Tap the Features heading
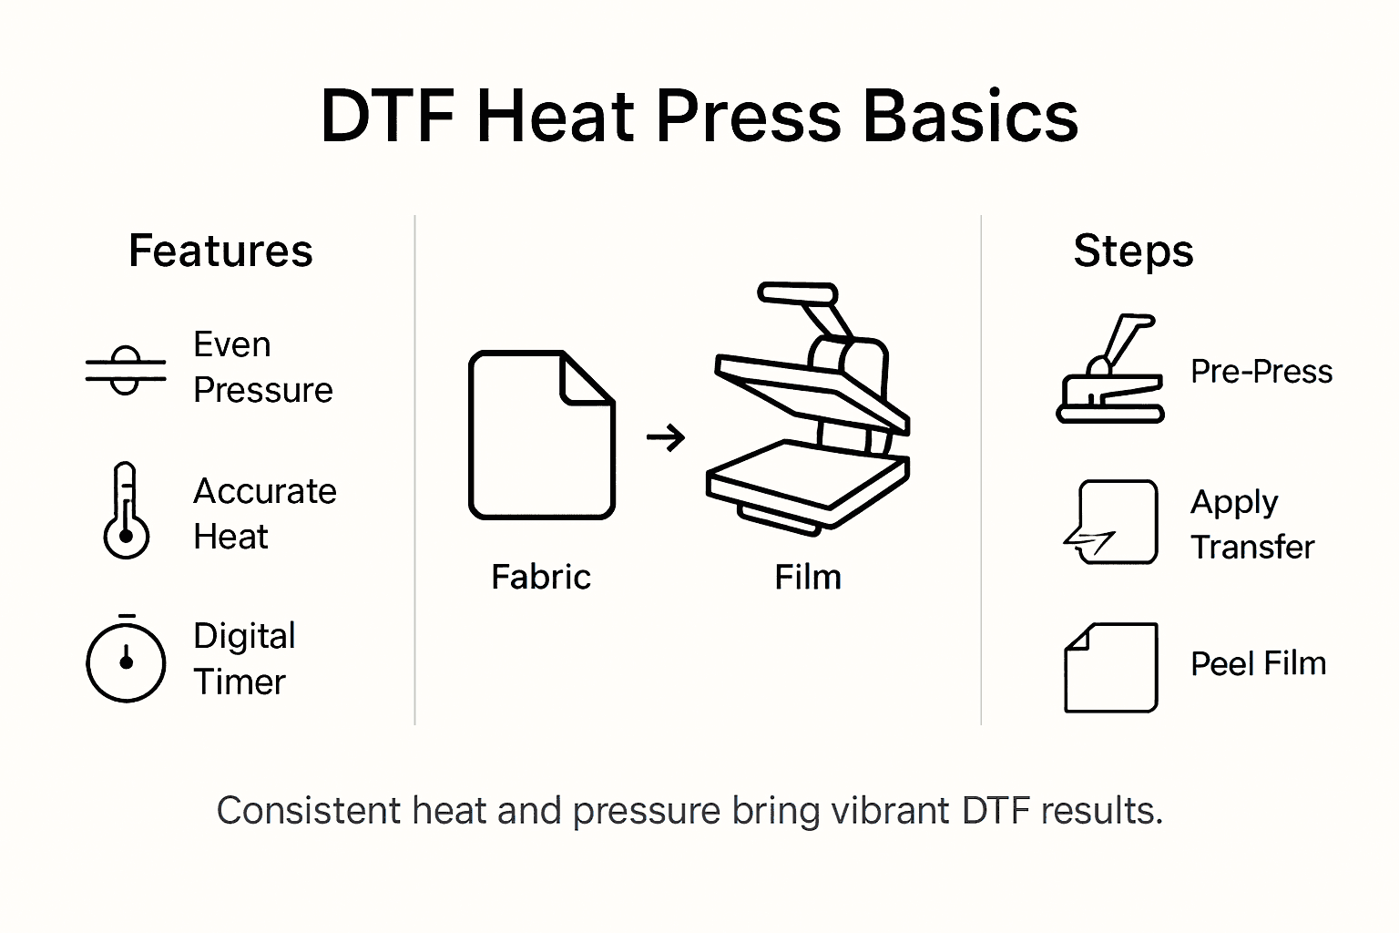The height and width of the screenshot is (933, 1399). pyautogui.click(x=220, y=251)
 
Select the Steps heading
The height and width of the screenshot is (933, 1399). pyautogui.click(x=1133, y=251)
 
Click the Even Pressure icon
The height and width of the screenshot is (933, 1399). pyautogui.click(x=126, y=369)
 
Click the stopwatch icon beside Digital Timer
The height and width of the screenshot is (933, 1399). pyautogui.click(x=126, y=660)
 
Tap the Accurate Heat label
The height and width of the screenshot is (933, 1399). pyautogui.click(x=264, y=514)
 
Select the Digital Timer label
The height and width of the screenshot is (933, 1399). pyautogui.click(x=244, y=659)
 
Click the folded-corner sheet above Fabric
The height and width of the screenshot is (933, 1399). pyautogui.click(x=542, y=435)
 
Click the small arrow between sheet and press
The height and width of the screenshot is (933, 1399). pyautogui.click(x=666, y=438)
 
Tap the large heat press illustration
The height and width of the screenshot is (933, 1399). pyautogui.click(x=809, y=410)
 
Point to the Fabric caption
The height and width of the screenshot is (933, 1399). pyautogui.click(x=541, y=577)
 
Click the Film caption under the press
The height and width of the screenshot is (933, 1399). pyautogui.click(x=808, y=577)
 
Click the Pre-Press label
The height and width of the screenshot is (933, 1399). pyautogui.click(x=1261, y=372)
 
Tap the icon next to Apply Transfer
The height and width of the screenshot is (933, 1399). pyautogui.click(x=1113, y=523)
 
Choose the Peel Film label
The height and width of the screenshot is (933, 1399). pyautogui.click(x=1258, y=663)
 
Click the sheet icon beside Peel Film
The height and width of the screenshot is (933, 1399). pyautogui.click(x=1111, y=667)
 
